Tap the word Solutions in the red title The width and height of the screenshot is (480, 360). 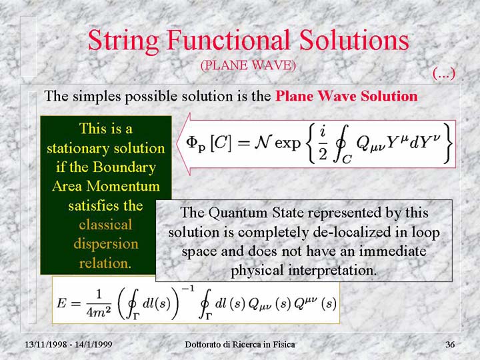click(354, 40)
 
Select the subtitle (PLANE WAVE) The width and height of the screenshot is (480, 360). click(248, 65)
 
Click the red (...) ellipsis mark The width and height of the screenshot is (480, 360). click(444, 73)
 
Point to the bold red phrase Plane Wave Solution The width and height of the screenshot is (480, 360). click(347, 96)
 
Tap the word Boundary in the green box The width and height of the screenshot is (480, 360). click(124, 167)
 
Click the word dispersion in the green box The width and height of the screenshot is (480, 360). click(106, 244)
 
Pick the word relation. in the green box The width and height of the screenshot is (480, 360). click(105, 263)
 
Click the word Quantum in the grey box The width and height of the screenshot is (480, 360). click(238, 213)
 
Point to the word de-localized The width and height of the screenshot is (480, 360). click(352, 233)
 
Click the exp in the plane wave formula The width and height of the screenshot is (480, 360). click(287, 143)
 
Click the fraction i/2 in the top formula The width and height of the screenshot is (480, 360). click(323, 144)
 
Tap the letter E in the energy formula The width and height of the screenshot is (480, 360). click(61, 303)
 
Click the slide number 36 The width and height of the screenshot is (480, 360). click(450, 345)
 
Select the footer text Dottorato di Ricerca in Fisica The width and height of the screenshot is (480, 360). click(240, 345)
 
